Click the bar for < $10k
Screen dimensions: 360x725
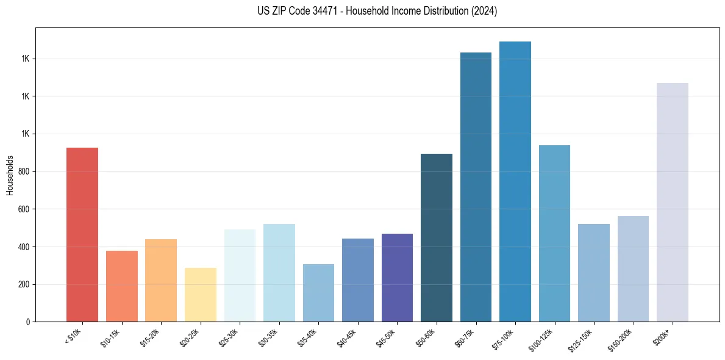tap(82, 235)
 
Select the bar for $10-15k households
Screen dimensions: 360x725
tap(121, 286)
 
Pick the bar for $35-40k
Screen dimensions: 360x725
tap(318, 293)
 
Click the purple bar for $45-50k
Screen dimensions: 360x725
tap(397, 278)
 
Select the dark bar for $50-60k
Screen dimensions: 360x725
tap(437, 238)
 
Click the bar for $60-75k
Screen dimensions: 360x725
tap(476, 187)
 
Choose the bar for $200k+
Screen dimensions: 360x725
tap(673, 202)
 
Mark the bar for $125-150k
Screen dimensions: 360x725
tap(594, 273)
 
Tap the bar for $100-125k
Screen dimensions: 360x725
tap(554, 233)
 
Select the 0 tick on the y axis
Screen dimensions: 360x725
tap(27, 322)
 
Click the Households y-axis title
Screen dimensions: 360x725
tap(10, 175)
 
